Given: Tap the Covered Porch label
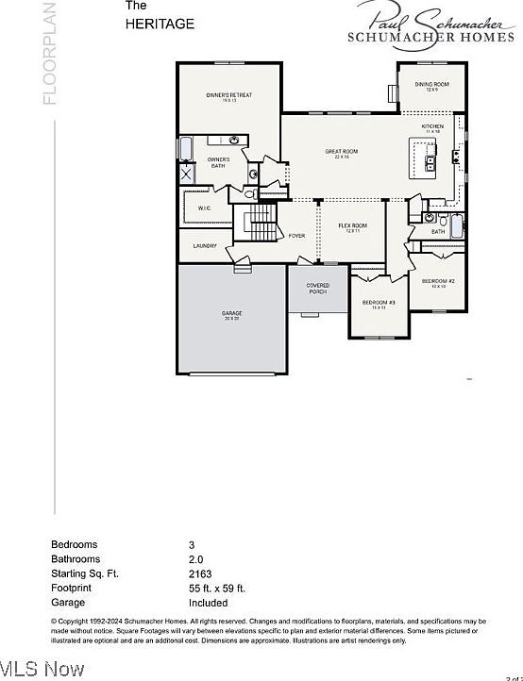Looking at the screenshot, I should (x=318, y=288).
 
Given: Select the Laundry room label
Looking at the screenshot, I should (x=205, y=246).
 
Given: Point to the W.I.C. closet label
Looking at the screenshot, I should (x=204, y=208).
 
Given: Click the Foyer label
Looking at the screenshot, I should (x=296, y=236).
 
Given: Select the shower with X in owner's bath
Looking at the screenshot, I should (x=187, y=174).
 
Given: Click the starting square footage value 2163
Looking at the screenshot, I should (x=200, y=573).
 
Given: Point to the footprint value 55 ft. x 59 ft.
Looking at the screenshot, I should (x=217, y=588).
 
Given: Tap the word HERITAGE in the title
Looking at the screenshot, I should (x=160, y=25).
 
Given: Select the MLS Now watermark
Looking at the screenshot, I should (x=42, y=670).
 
